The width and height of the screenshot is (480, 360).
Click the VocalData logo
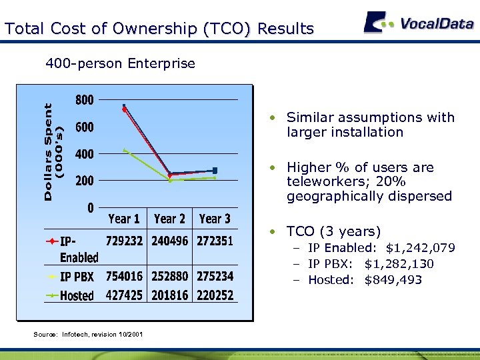click(418, 23)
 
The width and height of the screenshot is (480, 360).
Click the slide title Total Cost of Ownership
click(159, 29)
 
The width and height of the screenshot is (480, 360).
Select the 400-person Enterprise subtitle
click(120, 64)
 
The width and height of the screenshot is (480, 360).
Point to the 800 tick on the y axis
click(84, 100)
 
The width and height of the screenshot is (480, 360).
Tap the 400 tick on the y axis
click(84, 154)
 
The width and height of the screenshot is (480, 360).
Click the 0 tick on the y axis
click(90, 207)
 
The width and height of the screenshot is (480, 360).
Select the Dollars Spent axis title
click(55, 151)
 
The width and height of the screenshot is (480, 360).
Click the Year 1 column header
click(124, 219)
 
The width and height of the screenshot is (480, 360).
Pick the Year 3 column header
click(215, 219)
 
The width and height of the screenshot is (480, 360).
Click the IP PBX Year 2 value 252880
click(169, 276)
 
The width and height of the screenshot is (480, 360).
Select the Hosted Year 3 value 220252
click(215, 295)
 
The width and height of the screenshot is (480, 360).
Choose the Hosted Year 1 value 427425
click(124, 295)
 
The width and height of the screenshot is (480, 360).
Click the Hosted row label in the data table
click(77, 295)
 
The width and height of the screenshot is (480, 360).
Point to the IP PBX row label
click(77, 277)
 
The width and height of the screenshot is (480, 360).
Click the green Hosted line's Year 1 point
click(125, 150)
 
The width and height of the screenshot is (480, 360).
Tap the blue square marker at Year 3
click(215, 171)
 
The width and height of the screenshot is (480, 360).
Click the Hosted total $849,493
click(393, 280)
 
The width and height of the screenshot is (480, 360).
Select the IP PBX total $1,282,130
click(399, 264)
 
